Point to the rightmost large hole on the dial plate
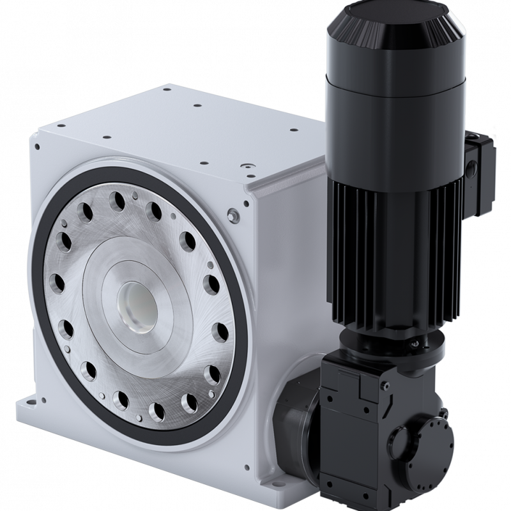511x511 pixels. pos(219,332)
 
